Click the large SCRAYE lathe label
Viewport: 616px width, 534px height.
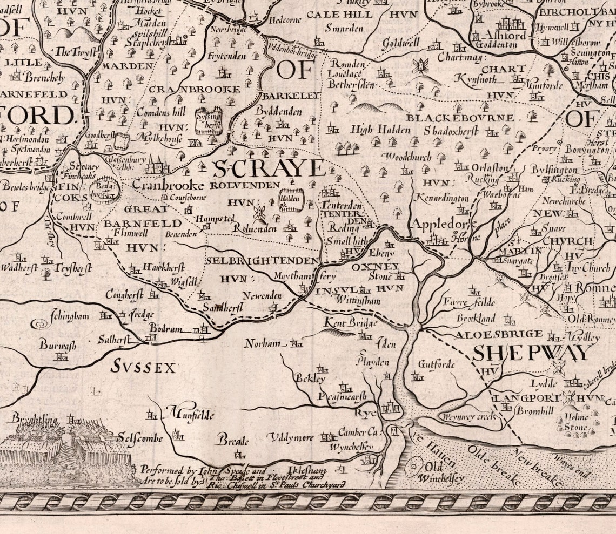point(269,169)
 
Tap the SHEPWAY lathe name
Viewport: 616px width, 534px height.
point(532,353)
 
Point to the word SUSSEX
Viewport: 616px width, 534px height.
point(143,368)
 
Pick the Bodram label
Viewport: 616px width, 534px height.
point(166,328)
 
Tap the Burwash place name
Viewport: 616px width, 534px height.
point(57,345)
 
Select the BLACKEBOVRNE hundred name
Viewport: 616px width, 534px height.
point(460,117)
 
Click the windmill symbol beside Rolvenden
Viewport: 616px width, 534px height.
point(259,212)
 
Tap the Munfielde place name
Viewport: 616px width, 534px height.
point(193,415)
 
